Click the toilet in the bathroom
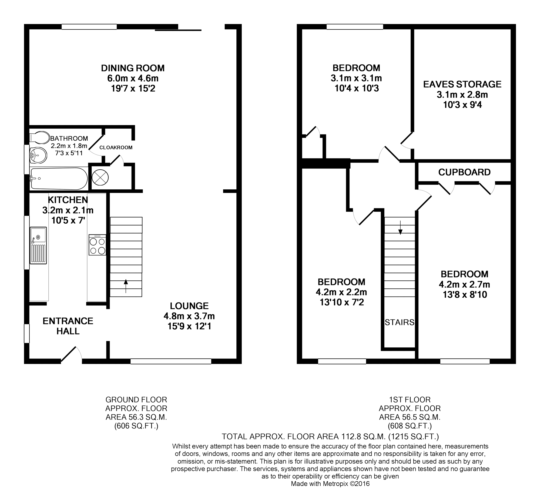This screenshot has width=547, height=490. [39, 137]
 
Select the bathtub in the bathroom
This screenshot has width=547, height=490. [59, 179]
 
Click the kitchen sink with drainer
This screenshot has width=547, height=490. [38, 245]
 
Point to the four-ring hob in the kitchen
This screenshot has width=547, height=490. [98, 245]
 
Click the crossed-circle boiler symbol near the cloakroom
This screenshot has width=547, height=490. [100, 178]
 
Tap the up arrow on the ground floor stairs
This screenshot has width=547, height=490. [126, 286]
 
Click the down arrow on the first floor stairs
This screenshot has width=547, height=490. [400, 227]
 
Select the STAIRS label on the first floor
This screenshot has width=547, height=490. [400, 322]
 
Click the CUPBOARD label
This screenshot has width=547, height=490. [464, 172]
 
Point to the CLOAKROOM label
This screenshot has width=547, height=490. [116, 147]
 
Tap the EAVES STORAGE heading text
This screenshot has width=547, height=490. [462, 84]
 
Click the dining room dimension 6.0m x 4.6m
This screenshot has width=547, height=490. [133, 78]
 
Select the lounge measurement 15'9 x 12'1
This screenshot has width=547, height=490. [189, 326]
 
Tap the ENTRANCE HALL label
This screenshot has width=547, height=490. [68, 326]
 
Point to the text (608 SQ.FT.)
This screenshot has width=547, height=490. [410, 426]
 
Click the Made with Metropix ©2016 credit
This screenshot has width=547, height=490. [330, 484]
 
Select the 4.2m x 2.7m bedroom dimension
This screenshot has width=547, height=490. [464, 284]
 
